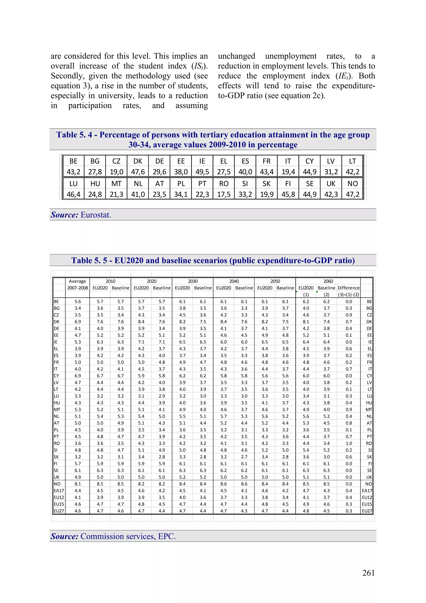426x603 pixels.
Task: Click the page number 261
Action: point(368,573)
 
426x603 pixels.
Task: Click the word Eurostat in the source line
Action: point(96,215)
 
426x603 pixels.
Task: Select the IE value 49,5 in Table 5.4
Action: point(202,172)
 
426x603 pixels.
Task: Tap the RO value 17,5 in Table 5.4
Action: point(224,194)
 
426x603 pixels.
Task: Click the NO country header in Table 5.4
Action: point(353,184)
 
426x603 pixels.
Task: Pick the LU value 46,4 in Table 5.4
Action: point(73,194)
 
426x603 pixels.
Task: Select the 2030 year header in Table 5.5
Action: point(193,281)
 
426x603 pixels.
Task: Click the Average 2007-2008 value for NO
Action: point(78,484)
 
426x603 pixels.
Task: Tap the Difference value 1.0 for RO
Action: point(349,443)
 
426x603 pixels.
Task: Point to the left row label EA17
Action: point(59,491)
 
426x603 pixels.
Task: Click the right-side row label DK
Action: point(369,322)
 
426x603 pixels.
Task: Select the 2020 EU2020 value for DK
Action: point(141,322)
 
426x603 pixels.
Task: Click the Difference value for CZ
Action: point(349,315)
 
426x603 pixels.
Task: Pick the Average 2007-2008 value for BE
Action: point(78,301)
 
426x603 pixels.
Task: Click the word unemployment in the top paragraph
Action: point(291,56)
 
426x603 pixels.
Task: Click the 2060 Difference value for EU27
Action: point(349,511)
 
